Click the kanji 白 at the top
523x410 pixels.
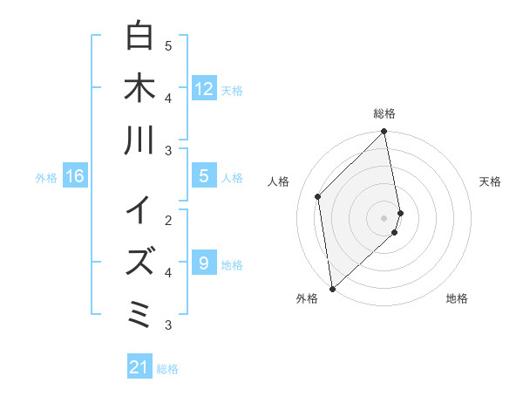coord(139,36)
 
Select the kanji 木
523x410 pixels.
coord(139,88)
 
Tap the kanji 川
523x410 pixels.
coord(139,140)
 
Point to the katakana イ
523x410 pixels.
coord(139,210)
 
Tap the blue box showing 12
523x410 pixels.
coord(203,88)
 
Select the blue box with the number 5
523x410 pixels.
coord(203,176)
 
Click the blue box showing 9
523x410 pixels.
coord(203,263)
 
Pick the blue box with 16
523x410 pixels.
coord(75,176)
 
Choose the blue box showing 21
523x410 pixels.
coord(139,367)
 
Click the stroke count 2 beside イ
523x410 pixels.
coord(168,220)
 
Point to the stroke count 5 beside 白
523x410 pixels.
coord(168,45)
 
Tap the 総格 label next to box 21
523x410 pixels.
coord(167,369)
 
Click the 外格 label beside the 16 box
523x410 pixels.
coord(46,178)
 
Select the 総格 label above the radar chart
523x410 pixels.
coord(384,113)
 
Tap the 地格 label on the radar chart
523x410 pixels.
coord(457,298)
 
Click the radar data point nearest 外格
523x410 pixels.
coord(332,288)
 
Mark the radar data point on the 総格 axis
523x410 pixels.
coord(384,133)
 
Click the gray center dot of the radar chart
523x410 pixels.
coord(384,217)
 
